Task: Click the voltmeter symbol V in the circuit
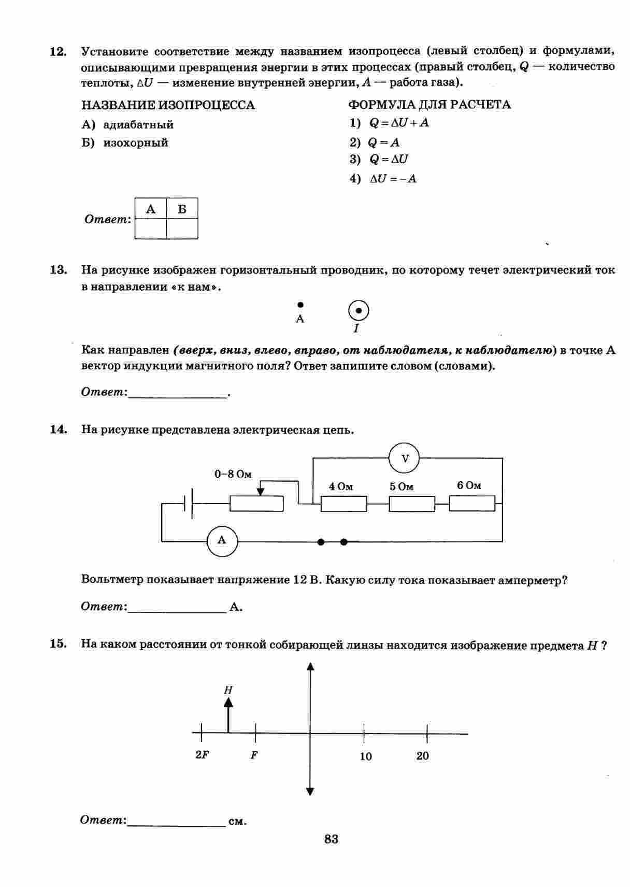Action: tap(404, 459)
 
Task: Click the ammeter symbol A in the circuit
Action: tap(222, 541)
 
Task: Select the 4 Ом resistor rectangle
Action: tap(343, 504)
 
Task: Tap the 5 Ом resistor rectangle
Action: tap(412, 504)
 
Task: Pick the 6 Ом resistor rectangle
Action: tap(472, 504)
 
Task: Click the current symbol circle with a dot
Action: tap(359, 311)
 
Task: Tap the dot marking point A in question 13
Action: tap(300, 305)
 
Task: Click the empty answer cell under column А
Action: tap(151, 228)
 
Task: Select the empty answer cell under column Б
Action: tap(182, 228)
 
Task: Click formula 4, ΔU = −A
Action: tap(393, 179)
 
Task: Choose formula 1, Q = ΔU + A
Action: tap(399, 123)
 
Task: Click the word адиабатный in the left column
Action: tap(138, 125)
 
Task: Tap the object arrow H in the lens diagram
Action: tap(228, 715)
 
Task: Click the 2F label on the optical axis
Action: tap(202, 755)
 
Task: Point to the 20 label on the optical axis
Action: tap(423, 756)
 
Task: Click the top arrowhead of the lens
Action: tap(310, 667)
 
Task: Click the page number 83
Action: tap(331, 839)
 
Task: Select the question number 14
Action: tap(58, 430)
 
